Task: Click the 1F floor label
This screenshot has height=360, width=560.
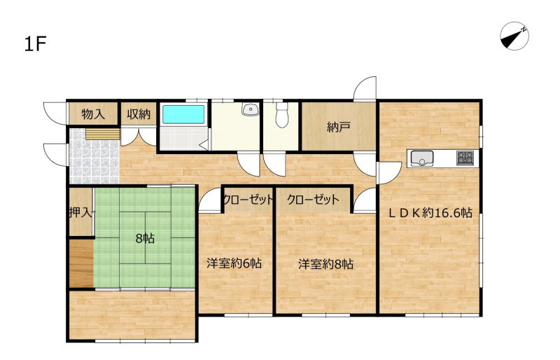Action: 36,43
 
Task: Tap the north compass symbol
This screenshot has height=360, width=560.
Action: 514,36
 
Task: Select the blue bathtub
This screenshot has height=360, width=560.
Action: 183,114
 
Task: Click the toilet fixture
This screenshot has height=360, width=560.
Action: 282,115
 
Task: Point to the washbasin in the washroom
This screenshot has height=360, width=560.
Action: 251,109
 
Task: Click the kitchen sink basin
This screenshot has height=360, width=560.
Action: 422,158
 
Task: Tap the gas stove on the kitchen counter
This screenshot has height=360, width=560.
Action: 465,158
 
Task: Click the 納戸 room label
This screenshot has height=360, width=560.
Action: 338,127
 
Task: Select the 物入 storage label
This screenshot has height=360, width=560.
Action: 93,114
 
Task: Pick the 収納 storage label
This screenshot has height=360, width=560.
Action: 139,114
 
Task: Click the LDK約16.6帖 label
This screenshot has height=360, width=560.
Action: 430,213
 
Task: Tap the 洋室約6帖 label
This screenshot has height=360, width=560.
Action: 234,263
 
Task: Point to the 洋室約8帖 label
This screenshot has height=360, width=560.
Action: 325,264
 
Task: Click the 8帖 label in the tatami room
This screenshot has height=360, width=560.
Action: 145,238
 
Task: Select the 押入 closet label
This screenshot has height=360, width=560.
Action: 80,213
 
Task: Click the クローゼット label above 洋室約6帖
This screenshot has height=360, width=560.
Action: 248,200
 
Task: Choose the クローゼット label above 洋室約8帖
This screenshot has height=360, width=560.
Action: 313,200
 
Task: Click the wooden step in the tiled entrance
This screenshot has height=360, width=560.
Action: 102,134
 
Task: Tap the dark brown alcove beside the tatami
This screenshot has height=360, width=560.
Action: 81,263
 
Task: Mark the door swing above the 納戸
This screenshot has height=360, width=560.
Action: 364,88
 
